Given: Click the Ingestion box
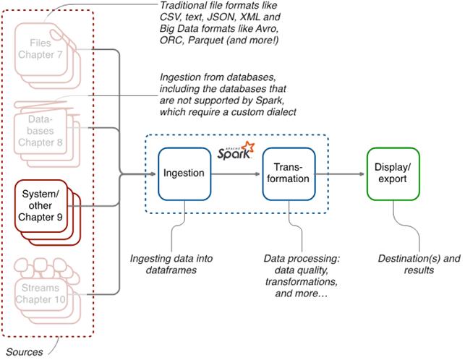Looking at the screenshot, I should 185,173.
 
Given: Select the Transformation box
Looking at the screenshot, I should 289,173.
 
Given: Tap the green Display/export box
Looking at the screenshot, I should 392,173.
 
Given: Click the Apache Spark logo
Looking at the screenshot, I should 236,153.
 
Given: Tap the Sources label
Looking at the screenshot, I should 23,352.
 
